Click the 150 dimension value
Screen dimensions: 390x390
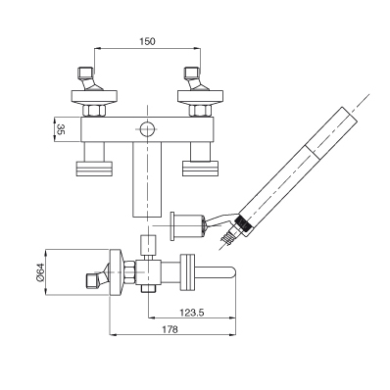(148, 41)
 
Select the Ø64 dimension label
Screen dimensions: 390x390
(40, 272)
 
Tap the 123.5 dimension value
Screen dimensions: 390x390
(192, 313)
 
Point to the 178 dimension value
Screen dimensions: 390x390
(171, 329)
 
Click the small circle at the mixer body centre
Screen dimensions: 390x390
(147, 128)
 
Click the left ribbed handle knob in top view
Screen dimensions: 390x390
(94, 169)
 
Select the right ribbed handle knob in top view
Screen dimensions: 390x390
(200, 169)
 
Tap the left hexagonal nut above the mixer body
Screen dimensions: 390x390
(94, 111)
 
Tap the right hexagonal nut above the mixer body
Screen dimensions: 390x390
(200, 111)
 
